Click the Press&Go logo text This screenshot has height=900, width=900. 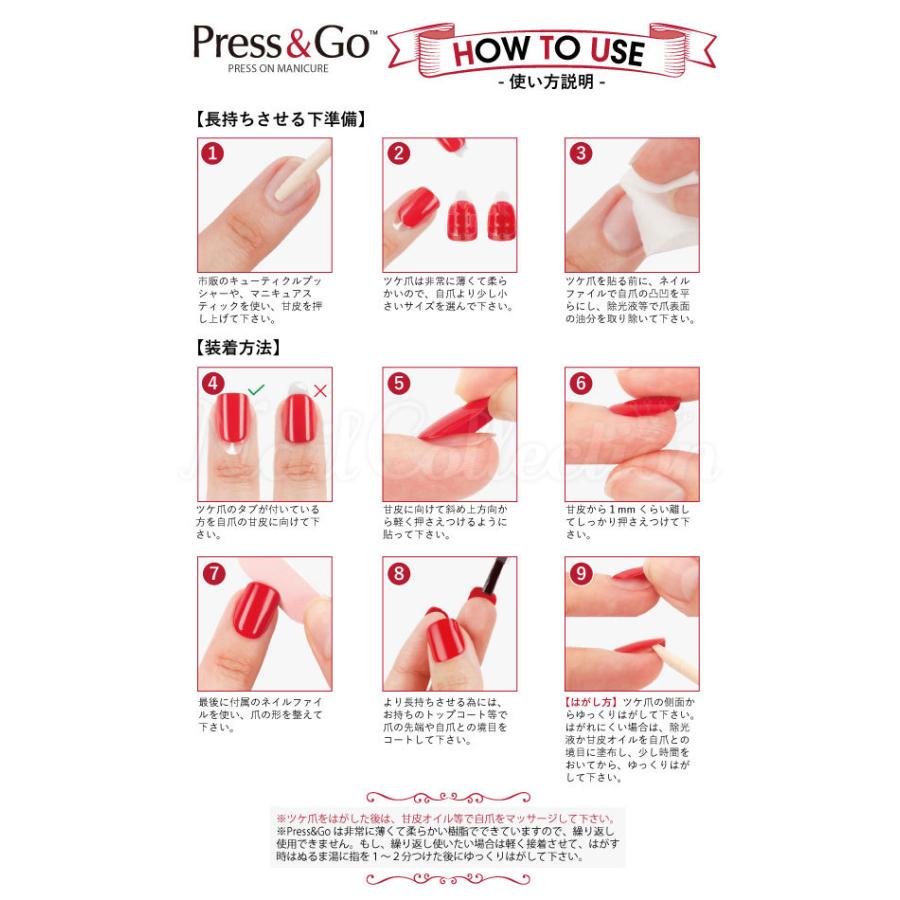tap(283, 43)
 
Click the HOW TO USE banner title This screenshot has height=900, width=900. tap(549, 49)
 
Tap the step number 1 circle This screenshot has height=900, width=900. tap(212, 153)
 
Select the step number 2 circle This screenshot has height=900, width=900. tap(399, 153)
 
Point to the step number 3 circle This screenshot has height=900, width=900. tap(581, 153)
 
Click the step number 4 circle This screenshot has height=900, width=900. tap(212, 383)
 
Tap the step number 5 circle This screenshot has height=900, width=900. tap(399, 383)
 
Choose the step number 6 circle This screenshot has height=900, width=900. tap(581, 383)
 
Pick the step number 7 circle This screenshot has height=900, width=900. tap(212, 573)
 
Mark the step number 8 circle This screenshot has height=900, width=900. tap(399, 573)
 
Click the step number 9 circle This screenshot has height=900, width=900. tap(581, 573)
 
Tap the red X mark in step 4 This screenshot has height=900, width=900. tap(320, 391)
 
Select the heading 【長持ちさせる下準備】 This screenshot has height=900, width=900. tap(280, 118)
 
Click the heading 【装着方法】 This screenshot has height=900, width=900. tap(238, 348)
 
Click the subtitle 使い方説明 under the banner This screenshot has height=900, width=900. tap(551, 82)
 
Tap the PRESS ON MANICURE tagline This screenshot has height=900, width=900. tap(277, 69)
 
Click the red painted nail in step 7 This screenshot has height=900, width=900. tap(255, 611)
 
